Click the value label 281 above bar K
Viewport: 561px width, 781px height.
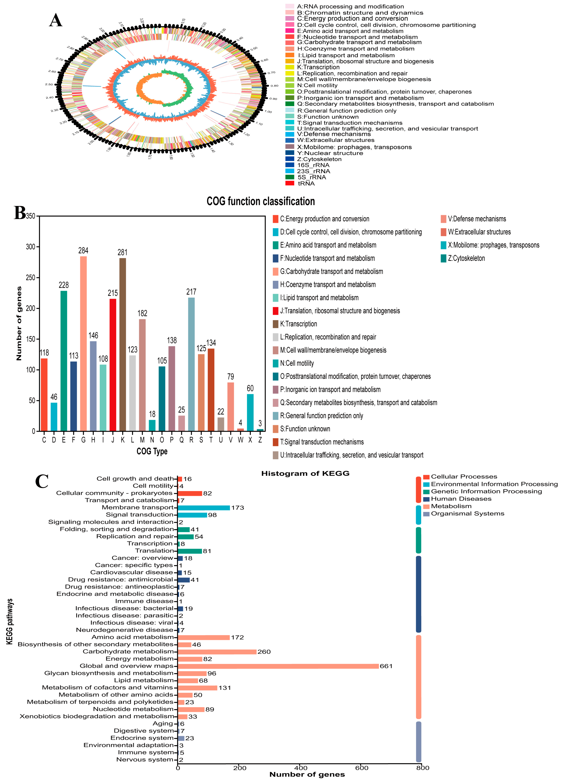pos(122,252)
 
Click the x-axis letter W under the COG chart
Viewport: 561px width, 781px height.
pos(240,440)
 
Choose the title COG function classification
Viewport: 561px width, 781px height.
pos(260,201)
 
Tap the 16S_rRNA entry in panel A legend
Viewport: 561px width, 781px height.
pos(313,165)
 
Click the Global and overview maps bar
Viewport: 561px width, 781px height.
pos(278,666)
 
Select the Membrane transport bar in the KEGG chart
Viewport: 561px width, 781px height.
pos(204,508)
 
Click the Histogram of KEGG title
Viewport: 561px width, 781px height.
pos(305,474)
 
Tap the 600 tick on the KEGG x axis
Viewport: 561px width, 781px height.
pos(362,768)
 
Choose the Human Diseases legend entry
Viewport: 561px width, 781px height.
pos(461,499)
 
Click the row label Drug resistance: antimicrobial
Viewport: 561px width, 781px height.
pos(120,580)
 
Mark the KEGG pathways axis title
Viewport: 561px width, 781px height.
pos(10,622)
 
